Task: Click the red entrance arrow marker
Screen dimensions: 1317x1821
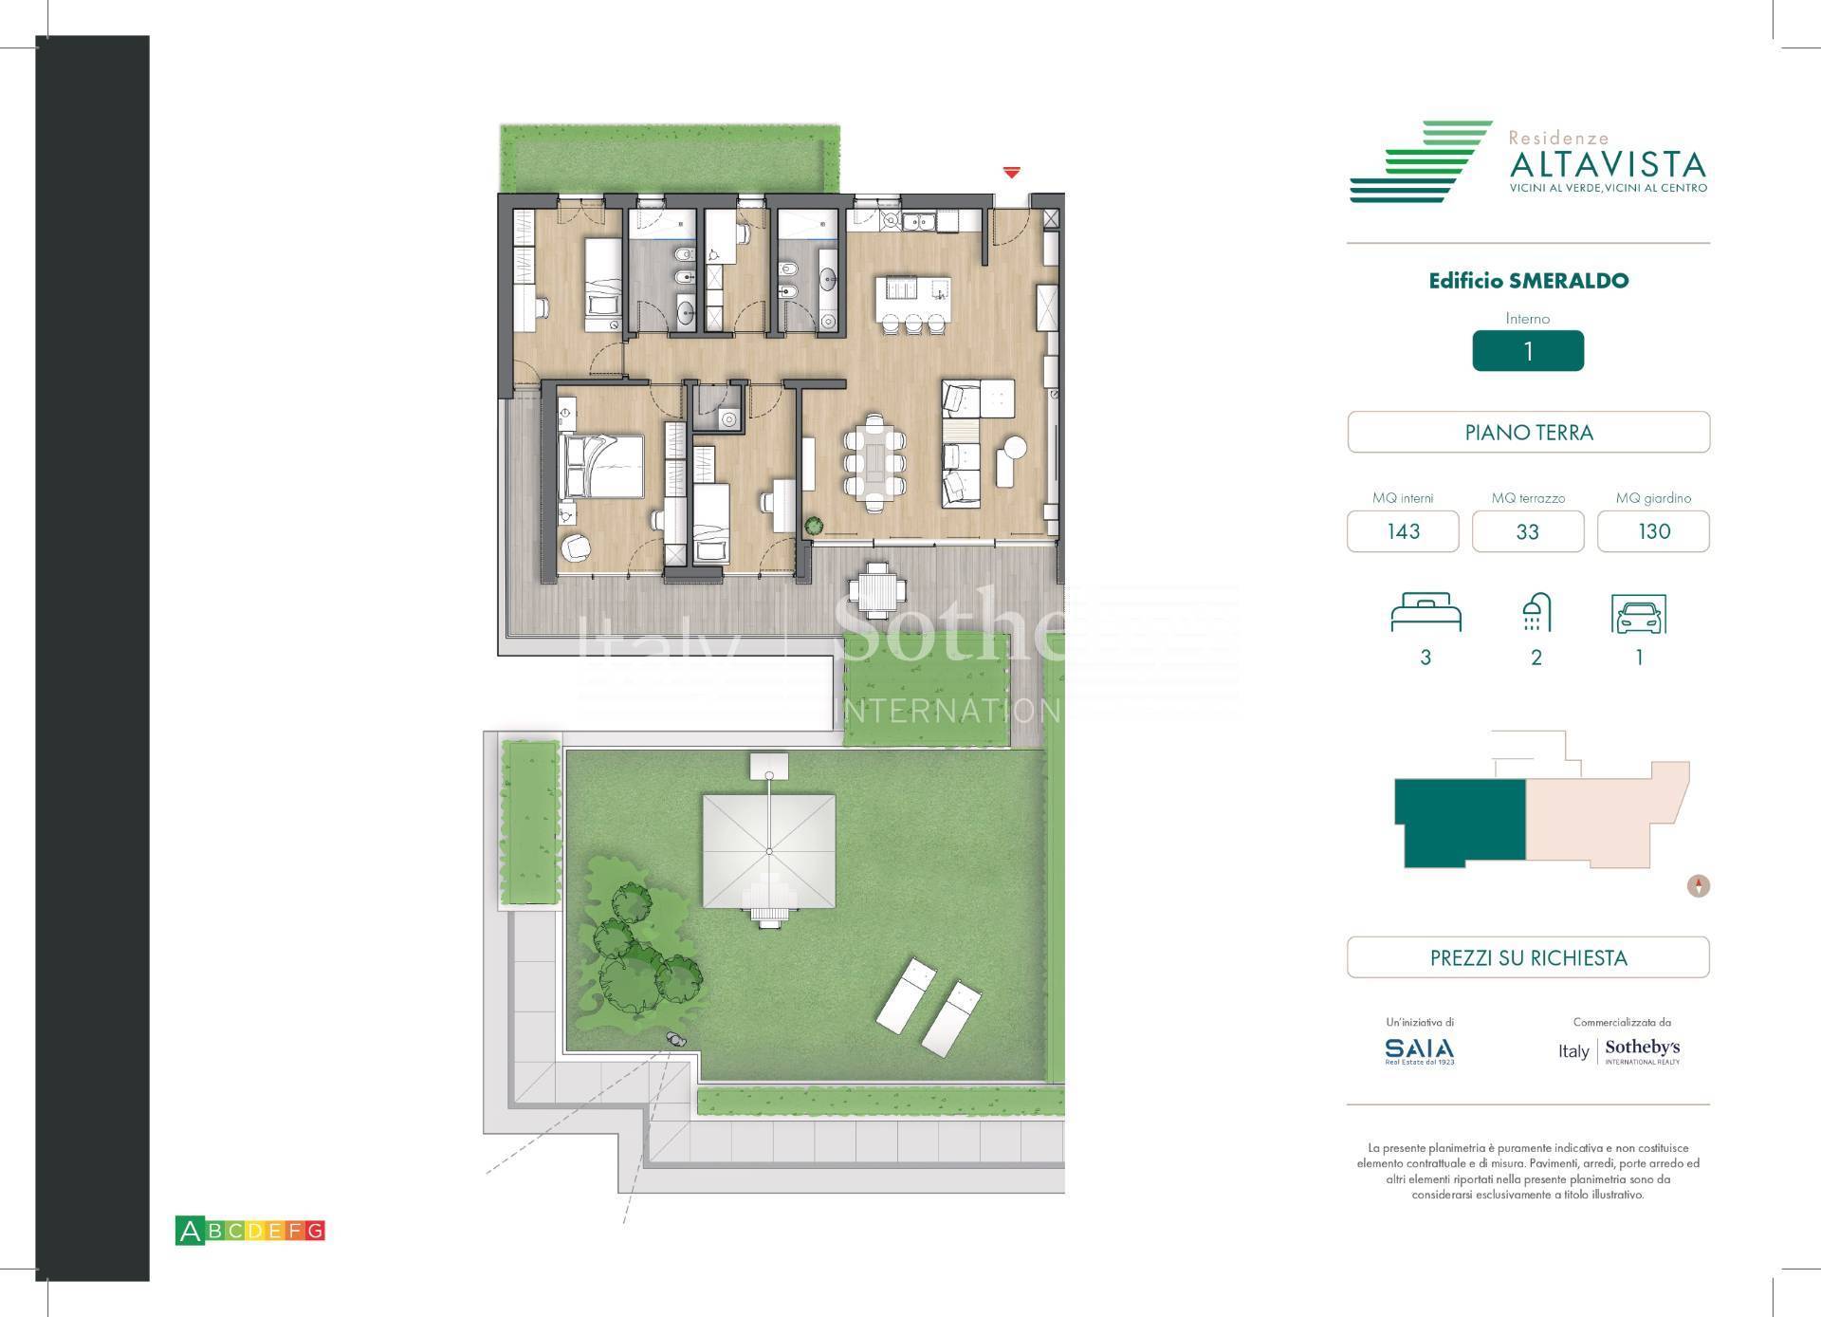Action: [1012, 173]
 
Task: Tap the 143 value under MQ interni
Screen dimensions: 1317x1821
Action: [1403, 531]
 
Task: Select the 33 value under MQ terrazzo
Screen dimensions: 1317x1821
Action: [1527, 531]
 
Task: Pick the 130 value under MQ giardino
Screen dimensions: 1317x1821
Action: [1653, 531]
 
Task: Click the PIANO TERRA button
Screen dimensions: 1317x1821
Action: [1528, 433]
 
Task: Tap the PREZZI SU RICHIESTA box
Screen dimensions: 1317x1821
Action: [1528, 957]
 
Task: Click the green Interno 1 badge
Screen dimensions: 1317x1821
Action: [1527, 351]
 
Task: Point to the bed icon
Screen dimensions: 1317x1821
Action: [1426, 613]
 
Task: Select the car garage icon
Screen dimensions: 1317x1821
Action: [1638, 615]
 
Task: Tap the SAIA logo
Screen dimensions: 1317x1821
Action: [1419, 1049]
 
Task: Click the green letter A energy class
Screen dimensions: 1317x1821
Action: [190, 1231]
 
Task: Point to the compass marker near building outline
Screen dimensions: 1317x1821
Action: [1698, 886]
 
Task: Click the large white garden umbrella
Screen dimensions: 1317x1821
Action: [769, 851]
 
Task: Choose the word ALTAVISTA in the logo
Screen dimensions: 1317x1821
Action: [1607, 165]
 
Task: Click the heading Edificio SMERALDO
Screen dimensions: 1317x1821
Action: [1528, 281]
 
